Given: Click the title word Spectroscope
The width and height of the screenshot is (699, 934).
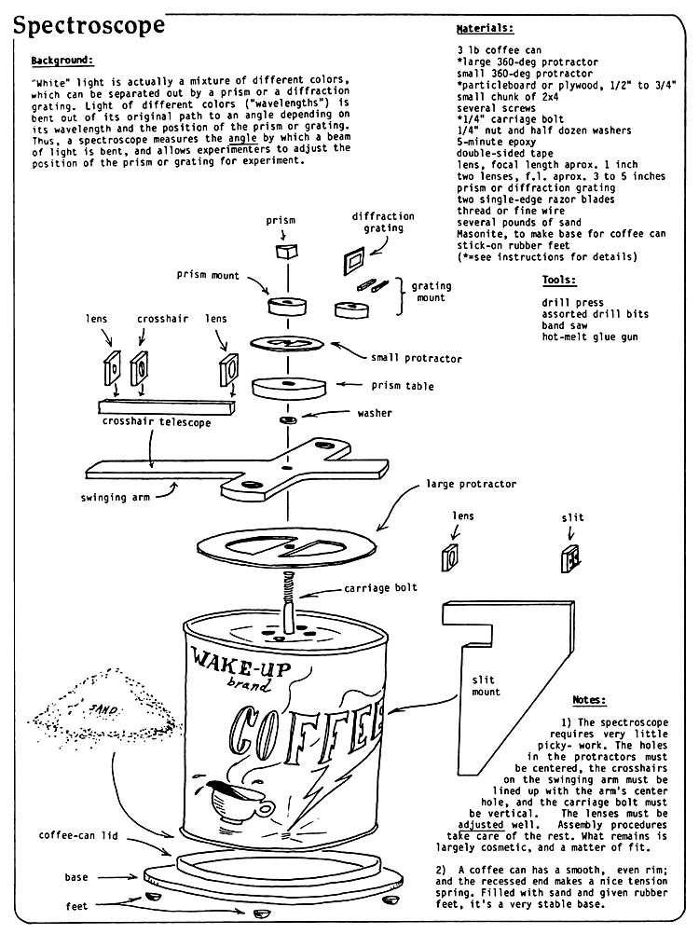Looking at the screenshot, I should tap(89, 25).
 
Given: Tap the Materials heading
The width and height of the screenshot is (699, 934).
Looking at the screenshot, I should tap(485, 29).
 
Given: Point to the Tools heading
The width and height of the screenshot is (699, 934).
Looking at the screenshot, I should tap(559, 280).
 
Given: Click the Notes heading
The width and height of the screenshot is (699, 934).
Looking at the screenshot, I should tap(590, 699).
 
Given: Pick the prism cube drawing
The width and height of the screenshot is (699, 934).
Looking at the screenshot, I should tap(284, 252).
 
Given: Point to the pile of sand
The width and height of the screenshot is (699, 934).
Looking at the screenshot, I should tap(103, 713).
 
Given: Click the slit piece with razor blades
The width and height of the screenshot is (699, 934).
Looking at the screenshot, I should tap(569, 560).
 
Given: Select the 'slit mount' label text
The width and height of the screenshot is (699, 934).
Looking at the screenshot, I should tap(485, 685).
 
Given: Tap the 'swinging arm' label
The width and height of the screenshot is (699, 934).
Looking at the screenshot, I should tap(116, 498).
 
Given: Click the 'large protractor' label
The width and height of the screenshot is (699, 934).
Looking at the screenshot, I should tap(471, 485).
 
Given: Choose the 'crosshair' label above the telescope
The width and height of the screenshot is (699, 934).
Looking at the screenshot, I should tap(163, 319).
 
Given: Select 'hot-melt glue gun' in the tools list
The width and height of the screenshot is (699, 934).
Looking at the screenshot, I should tap(590, 337).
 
